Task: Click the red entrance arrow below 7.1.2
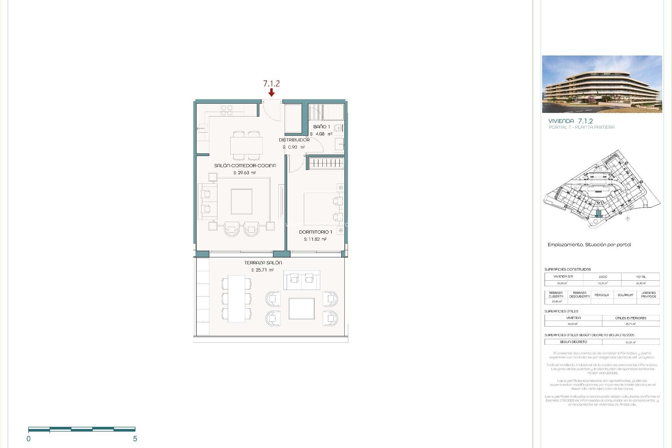pos(271,92)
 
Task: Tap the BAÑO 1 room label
pos(321,127)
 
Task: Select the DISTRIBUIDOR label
pos(294,140)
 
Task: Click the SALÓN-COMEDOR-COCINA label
pos(245,166)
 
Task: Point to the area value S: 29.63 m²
pos(244,173)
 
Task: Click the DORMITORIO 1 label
pos(315,232)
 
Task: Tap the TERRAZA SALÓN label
pos(263,262)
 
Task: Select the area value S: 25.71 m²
pos(262,270)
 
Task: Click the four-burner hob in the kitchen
pos(226,110)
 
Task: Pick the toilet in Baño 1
pos(338,128)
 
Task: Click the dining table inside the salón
pos(246,146)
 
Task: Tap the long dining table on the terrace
pos(237,299)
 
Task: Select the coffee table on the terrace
pos(301,309)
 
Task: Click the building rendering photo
pos(602,84)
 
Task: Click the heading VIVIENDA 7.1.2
pos(570,121)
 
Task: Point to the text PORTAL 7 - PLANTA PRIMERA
pos(581,127)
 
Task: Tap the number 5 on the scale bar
pos(135,439)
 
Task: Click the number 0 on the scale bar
pos(29,439)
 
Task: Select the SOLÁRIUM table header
pos(625,295)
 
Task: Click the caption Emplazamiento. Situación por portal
pos(589,245)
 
